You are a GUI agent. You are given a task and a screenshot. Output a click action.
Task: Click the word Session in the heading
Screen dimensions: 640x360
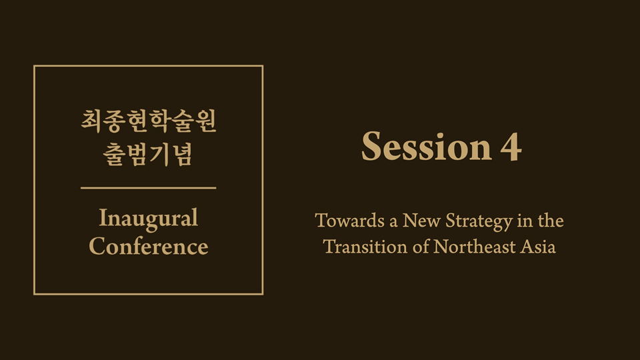[x=427, y=146]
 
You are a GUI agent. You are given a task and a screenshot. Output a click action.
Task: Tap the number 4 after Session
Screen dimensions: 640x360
[x=511, y=147]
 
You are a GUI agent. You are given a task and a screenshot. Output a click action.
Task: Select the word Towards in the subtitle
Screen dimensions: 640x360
[x=350, y=221]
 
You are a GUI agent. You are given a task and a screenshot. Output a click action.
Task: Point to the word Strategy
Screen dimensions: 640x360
[x=479, y=221]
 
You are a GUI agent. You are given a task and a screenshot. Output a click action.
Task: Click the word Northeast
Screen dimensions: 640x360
[x=474, y=247]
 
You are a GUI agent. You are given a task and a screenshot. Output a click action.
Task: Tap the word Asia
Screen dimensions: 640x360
[x=538, y=247]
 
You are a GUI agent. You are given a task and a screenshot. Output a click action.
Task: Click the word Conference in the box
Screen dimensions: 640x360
[x=149, y=246]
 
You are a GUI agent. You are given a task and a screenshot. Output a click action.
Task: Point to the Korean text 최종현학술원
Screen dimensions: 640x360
[x=149, y=121]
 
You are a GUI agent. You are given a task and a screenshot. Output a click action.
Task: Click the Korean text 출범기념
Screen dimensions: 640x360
[x=148, y=155]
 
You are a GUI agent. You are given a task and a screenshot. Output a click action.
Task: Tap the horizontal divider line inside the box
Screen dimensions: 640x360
[x=149, y=188]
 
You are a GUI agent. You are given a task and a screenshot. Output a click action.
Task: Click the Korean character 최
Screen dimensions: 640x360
[x=91, y=121]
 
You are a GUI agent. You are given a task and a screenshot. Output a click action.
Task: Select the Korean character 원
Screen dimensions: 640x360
[x=206, y=121]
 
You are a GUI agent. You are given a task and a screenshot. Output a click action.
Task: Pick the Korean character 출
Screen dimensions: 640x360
[x=113, y=155]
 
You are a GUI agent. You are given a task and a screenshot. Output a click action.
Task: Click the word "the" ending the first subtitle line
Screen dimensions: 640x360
[x=551, y=221]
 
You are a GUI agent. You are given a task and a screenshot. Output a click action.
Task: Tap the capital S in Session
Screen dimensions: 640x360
[x=371, y=146]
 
